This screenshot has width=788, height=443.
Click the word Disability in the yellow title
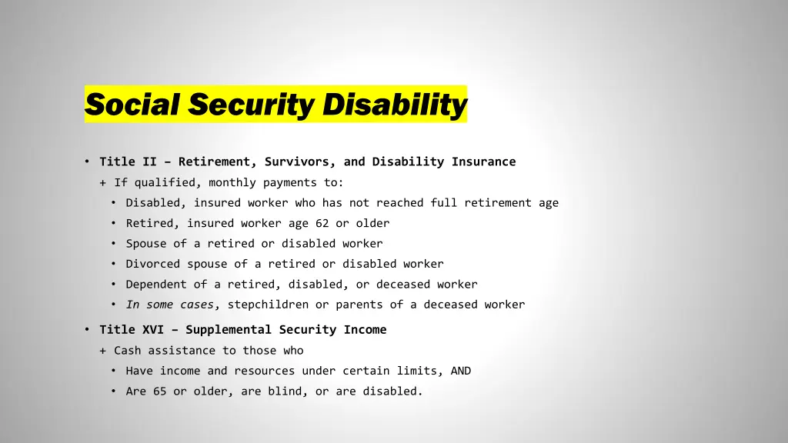(394, 104)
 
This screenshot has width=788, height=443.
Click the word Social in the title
(132, 104)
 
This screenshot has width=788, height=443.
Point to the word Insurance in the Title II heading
(483, 162)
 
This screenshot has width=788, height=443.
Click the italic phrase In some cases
(173, 305)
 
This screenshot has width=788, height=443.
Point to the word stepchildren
(268, 305)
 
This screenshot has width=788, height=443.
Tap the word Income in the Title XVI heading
(366, 330)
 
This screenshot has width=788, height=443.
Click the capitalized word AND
(461, 371)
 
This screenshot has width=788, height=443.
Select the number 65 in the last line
(159, 391)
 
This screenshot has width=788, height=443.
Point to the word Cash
(128, 351)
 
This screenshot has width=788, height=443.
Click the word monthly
(232, 182)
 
